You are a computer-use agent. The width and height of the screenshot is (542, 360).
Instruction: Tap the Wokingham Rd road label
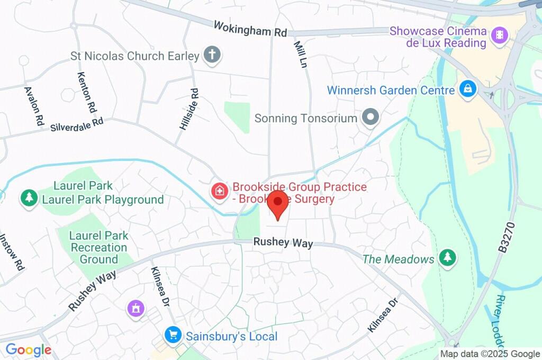250,29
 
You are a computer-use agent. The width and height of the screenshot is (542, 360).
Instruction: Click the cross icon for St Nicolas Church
213,55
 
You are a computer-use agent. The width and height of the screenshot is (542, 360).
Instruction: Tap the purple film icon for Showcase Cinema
499,35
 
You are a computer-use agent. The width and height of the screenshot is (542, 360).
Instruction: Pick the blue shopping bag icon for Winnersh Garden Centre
468,89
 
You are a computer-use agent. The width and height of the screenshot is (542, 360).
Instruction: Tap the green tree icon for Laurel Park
29,198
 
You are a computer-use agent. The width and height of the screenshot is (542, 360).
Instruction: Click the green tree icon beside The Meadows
448,258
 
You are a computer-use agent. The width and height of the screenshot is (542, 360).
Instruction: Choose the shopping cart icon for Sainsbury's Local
173,335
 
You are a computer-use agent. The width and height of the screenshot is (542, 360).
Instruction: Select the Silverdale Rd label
77,124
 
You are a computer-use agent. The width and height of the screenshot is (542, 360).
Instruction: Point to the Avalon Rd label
33,105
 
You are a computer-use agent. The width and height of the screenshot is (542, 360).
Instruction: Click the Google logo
29,350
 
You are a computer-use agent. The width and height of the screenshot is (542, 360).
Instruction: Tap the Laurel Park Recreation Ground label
99,247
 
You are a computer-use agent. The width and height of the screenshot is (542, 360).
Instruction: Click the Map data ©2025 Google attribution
490,354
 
